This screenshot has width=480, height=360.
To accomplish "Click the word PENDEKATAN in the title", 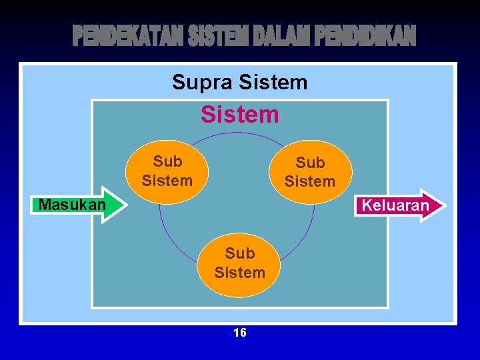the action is point(127,37).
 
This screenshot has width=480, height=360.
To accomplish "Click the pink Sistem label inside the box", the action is point(240,115).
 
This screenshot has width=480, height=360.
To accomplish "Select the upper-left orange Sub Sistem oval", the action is point(167,171).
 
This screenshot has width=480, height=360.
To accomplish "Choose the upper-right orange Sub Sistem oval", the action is point(309,172).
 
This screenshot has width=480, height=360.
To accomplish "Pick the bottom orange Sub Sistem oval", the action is point(240,263).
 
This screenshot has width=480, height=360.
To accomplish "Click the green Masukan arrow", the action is point(73,204).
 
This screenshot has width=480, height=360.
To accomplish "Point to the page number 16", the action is point(240,333).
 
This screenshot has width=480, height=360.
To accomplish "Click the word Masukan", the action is point(72,205).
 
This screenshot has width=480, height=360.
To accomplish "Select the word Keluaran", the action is point(395,205).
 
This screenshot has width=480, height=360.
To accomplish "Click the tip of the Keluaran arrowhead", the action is point(445,205).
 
